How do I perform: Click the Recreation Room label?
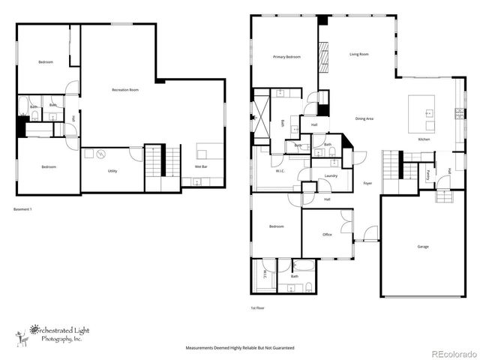[125, 90]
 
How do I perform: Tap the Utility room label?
[112, 171]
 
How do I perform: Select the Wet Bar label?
[202, 166]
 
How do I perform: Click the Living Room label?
[358, 54]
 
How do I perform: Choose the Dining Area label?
[364, 118]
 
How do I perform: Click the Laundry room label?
[331, 176]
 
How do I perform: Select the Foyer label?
[367, 183]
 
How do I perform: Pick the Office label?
[327, 235]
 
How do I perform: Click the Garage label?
[423, 246]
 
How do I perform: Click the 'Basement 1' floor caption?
[22, 208]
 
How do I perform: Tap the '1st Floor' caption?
[257, 307]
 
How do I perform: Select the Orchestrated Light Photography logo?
[49, 333]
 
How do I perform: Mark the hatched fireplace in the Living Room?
[325, 56]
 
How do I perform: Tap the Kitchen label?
[424, 139]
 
